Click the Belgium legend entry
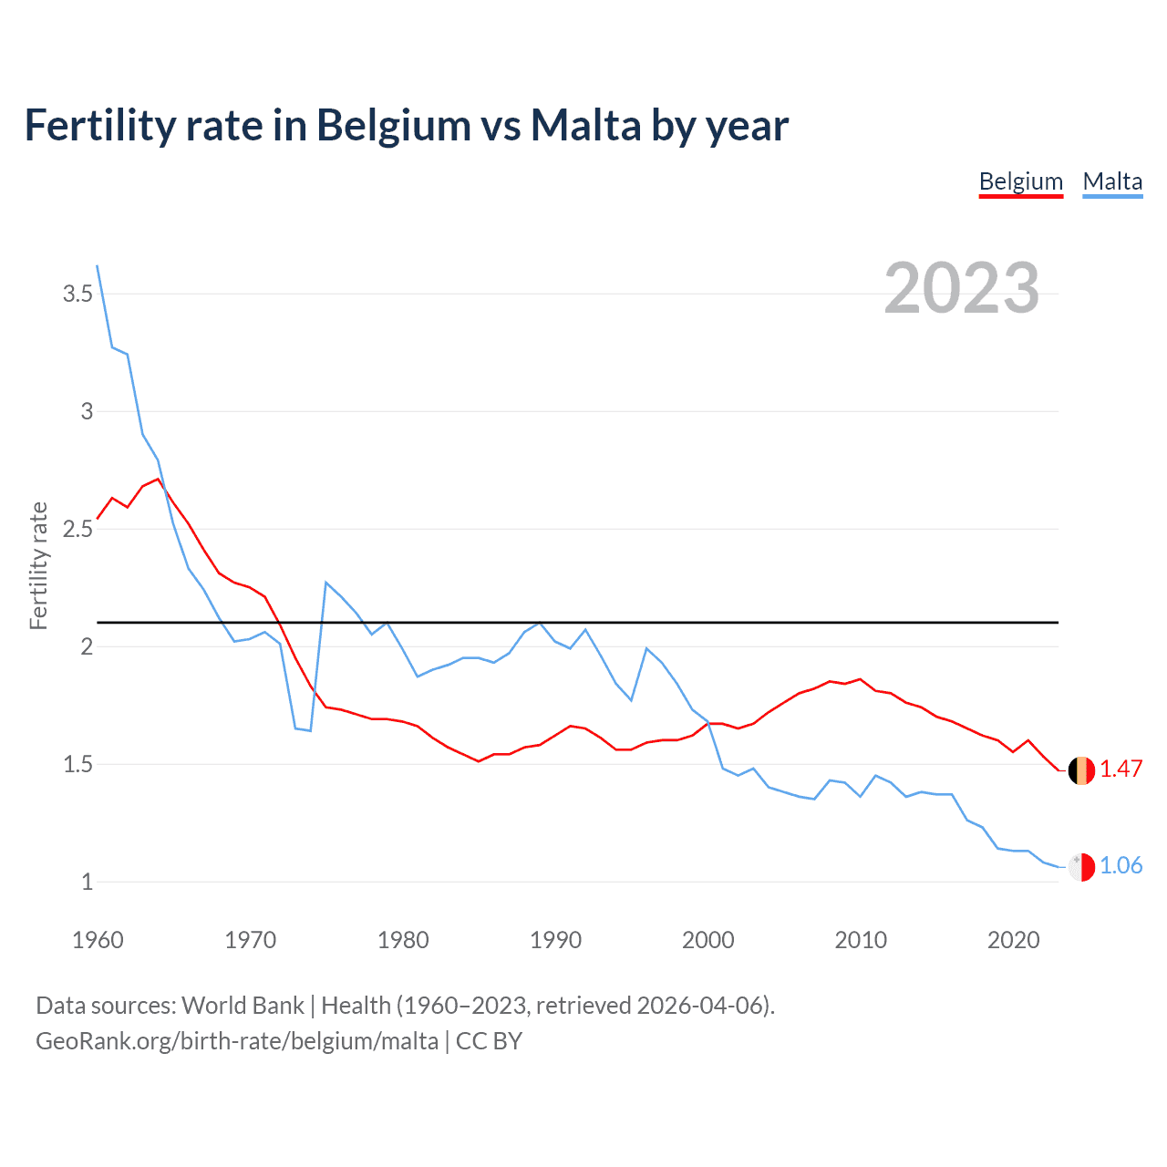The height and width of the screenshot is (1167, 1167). pos(1020,181)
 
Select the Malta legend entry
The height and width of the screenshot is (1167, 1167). pos(1112,181)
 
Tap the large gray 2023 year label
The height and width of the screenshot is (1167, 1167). pos(961,288)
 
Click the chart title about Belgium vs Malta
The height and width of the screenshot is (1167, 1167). pos(406,125)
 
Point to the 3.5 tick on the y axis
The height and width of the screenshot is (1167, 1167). pos(77,294)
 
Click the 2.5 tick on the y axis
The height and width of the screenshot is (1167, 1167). pos(77,529)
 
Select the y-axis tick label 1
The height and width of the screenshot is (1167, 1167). pos(87,882)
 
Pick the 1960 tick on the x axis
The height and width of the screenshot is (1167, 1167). pos(98,940)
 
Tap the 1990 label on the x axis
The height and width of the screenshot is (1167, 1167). pos(555,940)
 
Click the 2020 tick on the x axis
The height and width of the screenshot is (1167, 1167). pos(1013,940)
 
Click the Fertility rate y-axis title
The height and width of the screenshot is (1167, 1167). pos(38,565)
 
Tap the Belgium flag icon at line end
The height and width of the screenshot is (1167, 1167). pos(1081,770)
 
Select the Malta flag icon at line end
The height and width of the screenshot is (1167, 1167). pos(1081,867)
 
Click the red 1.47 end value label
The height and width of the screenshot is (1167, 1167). pos(1121,769)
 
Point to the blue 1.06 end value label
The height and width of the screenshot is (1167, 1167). pos(1121,865)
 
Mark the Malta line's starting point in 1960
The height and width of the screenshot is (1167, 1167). pos(98,266)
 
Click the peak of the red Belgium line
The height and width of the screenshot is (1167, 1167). pos(159,479)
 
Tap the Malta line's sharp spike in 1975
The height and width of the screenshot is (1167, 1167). pos(326,582)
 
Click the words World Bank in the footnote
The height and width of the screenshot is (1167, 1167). pos(243,1005)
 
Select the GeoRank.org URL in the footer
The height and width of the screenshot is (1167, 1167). pos(237,1040)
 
